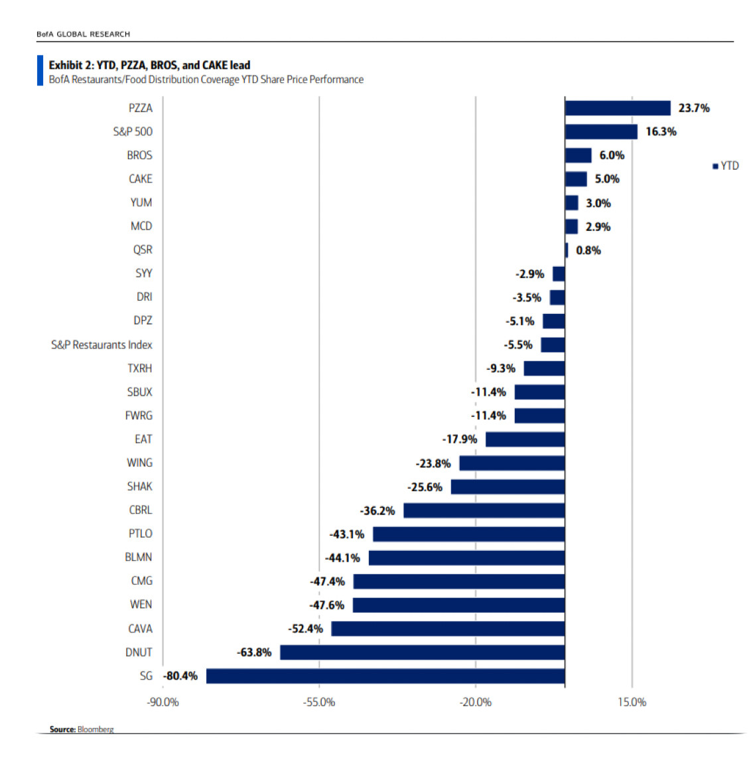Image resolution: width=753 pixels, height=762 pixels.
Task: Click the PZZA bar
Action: (x=617, y=108)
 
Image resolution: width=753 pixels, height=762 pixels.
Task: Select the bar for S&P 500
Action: (x=600, y=131)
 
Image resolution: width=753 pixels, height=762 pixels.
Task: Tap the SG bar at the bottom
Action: (x=385, y=676)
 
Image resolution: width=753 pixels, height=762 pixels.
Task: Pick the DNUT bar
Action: (x=422, y=652)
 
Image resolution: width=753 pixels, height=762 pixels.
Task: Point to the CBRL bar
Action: (x=484, y=510)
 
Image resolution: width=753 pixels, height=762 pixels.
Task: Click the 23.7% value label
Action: (x=693, y=108)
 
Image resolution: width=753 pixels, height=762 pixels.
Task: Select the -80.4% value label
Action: (x=181, y=676)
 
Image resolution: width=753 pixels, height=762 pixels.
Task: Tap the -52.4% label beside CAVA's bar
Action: (x=305, y=629)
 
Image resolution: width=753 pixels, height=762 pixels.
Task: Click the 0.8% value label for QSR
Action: (x=588, y=250)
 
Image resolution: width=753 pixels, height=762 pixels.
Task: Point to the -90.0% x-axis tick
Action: (x=163, y=702)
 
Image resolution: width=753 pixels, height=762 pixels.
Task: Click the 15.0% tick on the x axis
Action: (x=632, y=702)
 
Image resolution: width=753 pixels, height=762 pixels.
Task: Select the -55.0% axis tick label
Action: (x=319, y=702)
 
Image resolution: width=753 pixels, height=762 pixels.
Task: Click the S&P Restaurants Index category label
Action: (x=102, y=345)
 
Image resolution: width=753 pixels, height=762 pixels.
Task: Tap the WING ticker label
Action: (x=139, y=463)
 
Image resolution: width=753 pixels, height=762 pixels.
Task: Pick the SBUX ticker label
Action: (x=139, y=392)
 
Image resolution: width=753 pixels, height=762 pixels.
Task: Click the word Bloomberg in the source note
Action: (x=96, y=729)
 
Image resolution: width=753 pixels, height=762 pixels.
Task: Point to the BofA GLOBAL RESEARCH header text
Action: (x=84, y=34)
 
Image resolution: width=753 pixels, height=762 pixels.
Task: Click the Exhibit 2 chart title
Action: (x=149, y=65)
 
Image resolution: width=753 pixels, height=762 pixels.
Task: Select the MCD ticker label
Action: (x=141, y=226)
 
